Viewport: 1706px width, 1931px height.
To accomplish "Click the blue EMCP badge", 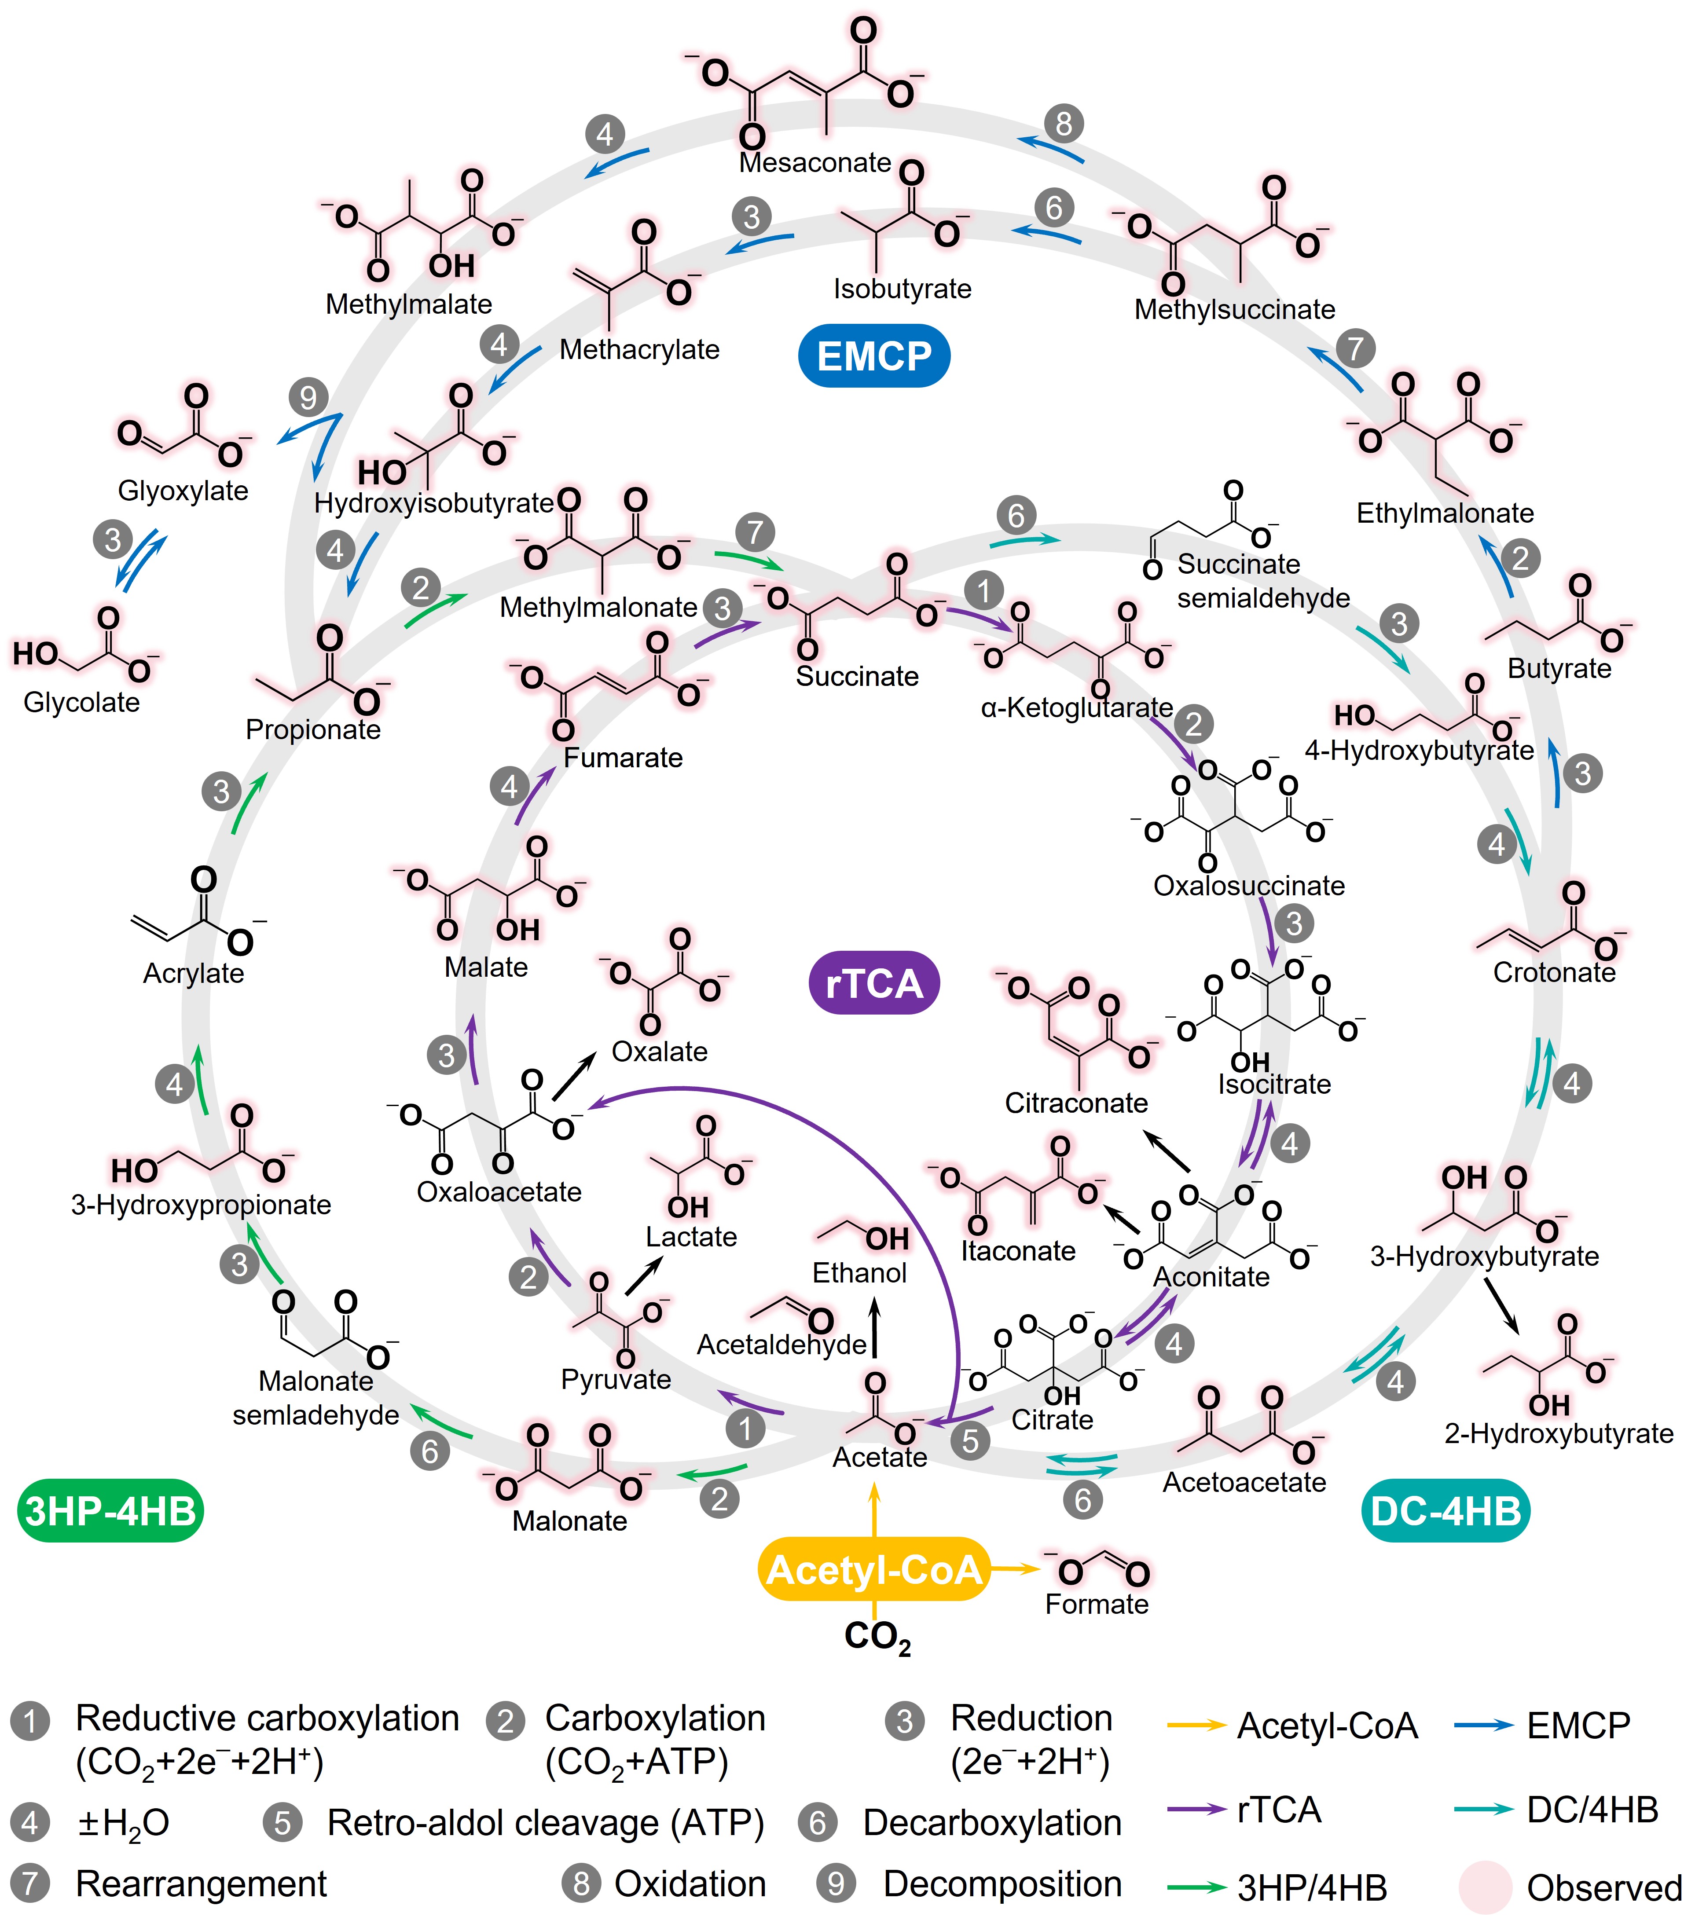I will point(874,356).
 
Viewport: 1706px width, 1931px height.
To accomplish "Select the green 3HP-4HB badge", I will point(110,1510).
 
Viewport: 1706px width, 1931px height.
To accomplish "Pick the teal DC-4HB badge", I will point(1446,1510).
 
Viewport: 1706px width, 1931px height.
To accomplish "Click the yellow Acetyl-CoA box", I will point(874,1570).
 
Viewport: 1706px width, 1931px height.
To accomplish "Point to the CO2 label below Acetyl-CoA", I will point(877,1636).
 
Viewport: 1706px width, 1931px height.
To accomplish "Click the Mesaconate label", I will point(814,162).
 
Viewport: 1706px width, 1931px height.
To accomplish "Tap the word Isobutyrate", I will point(902,288).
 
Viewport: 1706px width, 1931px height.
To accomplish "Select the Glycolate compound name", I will point(81,702).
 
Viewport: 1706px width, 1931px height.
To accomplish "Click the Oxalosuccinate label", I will point(1249,885).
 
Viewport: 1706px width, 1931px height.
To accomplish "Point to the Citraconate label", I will point(1076,1103).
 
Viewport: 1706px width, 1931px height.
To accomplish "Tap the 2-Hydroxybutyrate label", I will point(1559,1433).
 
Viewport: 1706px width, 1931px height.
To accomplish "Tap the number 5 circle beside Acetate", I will point(970,1440).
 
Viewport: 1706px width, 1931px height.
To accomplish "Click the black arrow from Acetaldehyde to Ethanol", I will point(874,1327).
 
